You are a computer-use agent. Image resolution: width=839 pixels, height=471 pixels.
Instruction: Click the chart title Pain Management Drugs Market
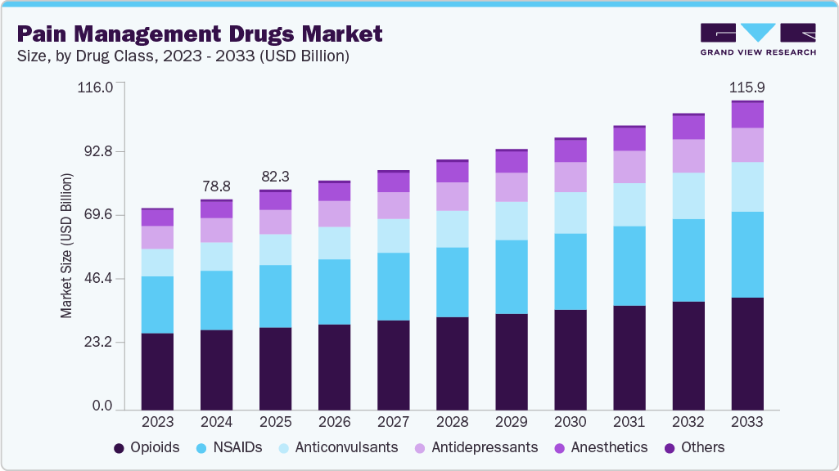pyautogui.click(x=200, y=34)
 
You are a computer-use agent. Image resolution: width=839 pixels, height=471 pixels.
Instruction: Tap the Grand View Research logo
pyautogui.click(x=757, y=39)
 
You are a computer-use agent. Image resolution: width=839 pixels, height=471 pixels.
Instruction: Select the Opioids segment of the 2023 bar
pyautogui.click(x=157, y=371)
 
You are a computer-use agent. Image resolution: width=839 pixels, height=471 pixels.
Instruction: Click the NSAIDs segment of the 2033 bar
pyautogui.click(x=747, y=254)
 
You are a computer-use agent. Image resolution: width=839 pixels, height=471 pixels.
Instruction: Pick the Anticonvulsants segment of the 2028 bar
pyautogui.click(x=452, y=229)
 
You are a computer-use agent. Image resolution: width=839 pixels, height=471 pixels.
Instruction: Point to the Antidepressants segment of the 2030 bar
pyautogui.click(x=570, y=177)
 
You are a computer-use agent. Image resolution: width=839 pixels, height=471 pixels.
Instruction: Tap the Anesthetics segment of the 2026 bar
pyautogui.click(x=334, y=191)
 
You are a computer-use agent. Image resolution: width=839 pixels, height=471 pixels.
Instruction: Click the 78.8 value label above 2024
pyautogui.click(x=216, y=186)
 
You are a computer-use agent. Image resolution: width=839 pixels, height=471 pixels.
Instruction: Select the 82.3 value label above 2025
pyautogui.click(x=275, y=176)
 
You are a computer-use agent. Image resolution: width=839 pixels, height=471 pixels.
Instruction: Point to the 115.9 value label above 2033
pyautogui.click(x=747, y=87)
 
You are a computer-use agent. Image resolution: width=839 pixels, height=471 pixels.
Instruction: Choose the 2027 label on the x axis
pyautogui.click(x=393, y=422)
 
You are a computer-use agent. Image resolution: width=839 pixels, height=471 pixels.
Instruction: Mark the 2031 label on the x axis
pyautogui.click(x=629, y=422)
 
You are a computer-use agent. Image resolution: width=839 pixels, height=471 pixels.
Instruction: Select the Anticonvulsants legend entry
pyautogui.click(x=338, y=447)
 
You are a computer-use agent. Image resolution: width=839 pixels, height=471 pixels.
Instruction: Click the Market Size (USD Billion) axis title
pyautogui.click(x=66, y=246)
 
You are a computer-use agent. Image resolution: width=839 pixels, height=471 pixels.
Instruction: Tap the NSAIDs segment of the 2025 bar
pyautogui.click(x=275, y=296)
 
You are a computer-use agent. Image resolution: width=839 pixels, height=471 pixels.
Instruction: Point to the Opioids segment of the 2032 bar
pyautogui.click(x=688, y=356)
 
